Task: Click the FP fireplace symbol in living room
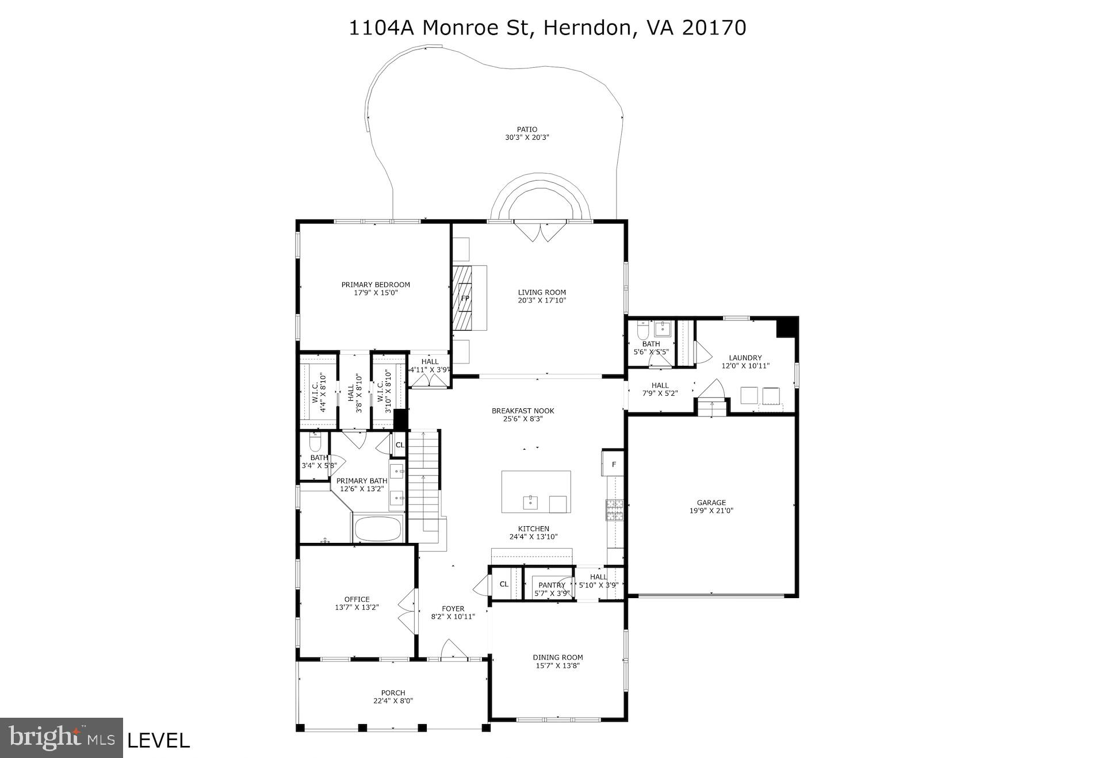[465, 298]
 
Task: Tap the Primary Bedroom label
[376, 285]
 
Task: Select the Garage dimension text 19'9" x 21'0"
[711, 511]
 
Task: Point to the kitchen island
[536, 492]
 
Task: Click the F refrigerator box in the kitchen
[614, 464]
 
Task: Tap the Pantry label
[552, 585]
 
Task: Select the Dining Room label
[557, 657]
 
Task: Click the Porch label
[393, 693]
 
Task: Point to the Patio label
[526, 129]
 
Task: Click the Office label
[357, 599]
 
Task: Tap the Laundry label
[745, 358]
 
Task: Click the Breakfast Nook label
[522, 411]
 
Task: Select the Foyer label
[453, 608]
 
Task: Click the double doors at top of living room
[539, 231]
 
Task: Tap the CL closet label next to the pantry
[504, 584]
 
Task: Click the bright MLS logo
[62, 737]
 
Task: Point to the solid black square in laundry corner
[786, 328]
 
